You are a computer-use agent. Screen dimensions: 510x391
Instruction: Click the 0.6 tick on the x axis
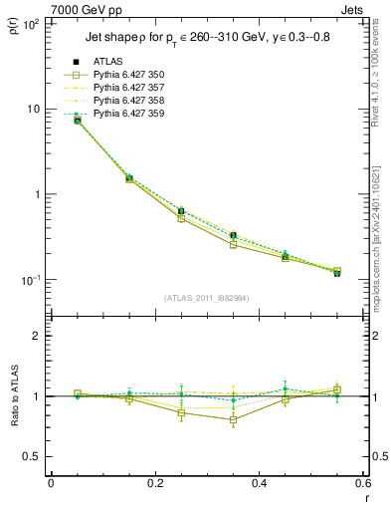pos(363,483)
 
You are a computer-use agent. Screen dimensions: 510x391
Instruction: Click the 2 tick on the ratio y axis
pos(38,337)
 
